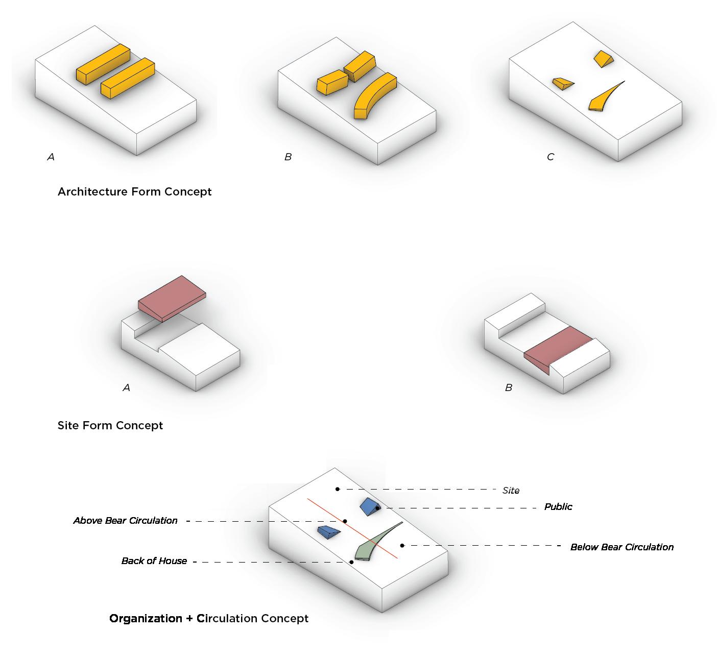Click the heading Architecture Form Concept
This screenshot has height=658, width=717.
click(134, 192)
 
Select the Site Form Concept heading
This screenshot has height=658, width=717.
click(110, 426)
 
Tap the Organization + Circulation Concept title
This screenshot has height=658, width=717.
click(209, 619)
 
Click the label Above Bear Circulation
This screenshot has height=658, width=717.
click(125, 521)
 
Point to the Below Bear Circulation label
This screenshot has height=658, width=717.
click(622, 547)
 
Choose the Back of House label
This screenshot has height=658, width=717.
click(154, 561)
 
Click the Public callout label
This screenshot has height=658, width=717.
click(558, 507)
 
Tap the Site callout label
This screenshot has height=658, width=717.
click(511, 491)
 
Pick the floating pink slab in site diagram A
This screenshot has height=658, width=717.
click(172, 297)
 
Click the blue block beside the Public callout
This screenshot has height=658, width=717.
click(369, 506)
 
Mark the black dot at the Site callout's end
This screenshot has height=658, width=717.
click(337, 489)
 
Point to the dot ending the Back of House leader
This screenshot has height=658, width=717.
click(351, 562)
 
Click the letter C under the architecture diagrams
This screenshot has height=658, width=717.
click(550, 157)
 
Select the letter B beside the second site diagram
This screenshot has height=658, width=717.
click(508, 388)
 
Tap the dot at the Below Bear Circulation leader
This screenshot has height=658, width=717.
click(402, 546)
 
